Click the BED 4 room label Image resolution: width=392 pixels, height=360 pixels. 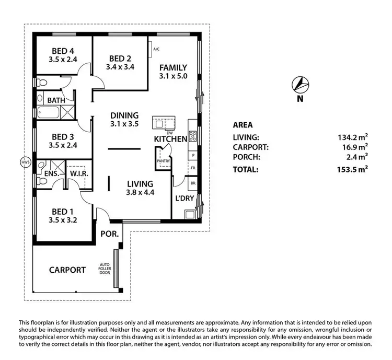[62, 51]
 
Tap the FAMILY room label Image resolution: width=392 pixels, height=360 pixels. [173, 67]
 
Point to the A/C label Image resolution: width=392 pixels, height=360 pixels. [156, 50]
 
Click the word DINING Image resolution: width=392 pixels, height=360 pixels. [124, 115]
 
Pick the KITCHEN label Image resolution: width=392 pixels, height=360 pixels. [170, 139]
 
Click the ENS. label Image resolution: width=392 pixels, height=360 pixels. [51, 173]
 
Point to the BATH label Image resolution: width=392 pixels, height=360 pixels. [55, 99]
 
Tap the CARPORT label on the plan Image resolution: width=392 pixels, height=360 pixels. [67, 270]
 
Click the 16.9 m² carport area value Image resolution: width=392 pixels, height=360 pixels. [355, 147]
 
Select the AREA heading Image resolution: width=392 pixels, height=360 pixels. [243, 125]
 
